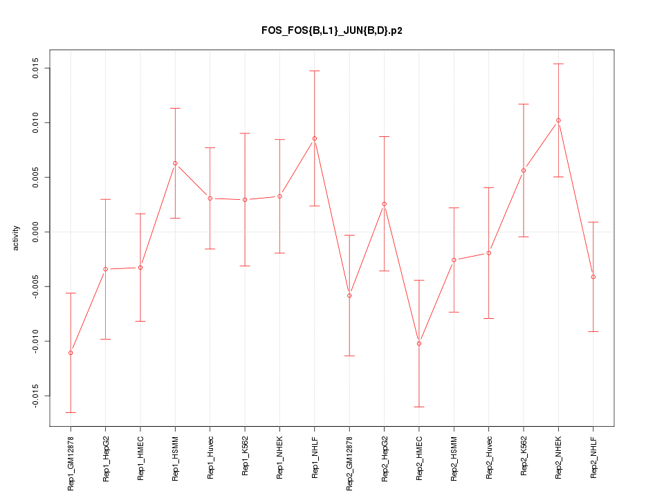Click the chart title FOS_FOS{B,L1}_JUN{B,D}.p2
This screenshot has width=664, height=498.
(331, 30)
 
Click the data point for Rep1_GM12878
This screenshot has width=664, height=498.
(71, 353)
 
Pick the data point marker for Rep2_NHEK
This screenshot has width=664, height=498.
(558, 120)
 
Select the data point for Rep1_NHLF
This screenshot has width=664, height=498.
(315, 138)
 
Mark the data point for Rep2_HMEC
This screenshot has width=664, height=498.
(419, 344)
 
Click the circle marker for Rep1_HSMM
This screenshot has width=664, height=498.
(175, 163)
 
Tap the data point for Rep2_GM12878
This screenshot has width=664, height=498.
(349, 295)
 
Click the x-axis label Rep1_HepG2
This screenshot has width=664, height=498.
(106, 459)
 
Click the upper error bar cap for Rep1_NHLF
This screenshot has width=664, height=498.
(315, 71)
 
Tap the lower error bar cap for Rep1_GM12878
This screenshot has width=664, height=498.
(71, 412)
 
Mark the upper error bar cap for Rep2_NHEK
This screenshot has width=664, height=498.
(558, 64)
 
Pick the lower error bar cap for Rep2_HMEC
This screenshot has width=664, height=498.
(419, 407)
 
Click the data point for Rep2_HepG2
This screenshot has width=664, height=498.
(385, 204)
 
